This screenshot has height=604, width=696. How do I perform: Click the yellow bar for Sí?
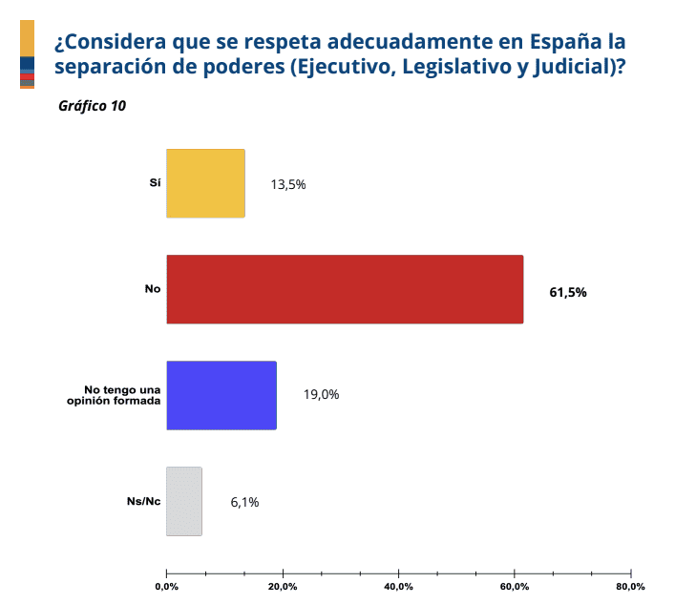[205, 183]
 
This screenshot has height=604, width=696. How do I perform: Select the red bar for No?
[345, 289]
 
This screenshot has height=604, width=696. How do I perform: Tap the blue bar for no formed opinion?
[221, 395]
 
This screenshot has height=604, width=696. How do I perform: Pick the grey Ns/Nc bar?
[184, 501]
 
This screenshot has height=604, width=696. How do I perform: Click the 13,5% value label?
[287, 185]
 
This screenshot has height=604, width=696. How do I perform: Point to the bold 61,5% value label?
[568, 292]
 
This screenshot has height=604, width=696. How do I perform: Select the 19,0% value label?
[322, 395]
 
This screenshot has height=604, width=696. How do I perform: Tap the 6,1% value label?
[244, 502]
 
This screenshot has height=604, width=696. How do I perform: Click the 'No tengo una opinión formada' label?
[121, 394]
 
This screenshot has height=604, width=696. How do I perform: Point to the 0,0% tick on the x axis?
[166, 586]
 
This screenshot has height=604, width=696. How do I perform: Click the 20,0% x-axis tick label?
[283, 586]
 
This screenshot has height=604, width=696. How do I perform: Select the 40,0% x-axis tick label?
[398, 586]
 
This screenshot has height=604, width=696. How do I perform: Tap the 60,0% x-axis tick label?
[515, 586]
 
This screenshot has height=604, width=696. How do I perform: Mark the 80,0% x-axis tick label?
[630, 586]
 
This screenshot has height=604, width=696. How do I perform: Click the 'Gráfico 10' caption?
[92, 106]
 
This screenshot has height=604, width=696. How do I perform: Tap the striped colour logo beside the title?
[27, 54]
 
